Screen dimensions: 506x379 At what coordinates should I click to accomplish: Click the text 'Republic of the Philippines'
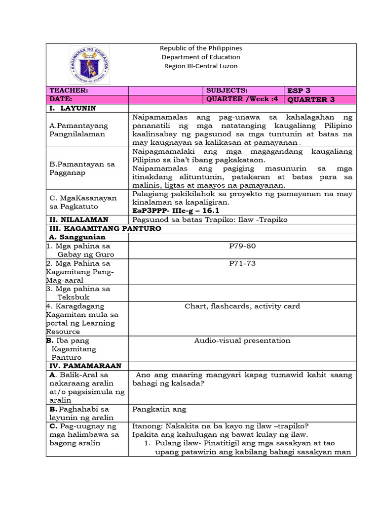(x=200, y=48)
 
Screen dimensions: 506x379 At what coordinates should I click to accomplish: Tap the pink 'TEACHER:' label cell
(x=87, y=90)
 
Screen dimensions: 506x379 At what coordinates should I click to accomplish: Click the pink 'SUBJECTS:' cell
(x=244, y=90)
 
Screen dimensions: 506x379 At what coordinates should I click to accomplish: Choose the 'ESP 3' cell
(x=320, y=90)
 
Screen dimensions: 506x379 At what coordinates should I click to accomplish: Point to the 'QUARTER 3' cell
(x=320, y=99)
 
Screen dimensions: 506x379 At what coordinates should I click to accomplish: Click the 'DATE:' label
(x=87, y=99)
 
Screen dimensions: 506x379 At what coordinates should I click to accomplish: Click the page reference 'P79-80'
(x=242, y=246)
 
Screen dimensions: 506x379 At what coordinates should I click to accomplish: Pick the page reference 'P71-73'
(x=242, y=263)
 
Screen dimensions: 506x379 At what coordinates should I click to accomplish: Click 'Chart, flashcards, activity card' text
(x=242, y=306)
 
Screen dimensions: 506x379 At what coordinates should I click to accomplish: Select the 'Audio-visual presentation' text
(x=242, y=340)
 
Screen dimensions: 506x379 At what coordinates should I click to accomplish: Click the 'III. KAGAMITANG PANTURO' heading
(x=105, y=229)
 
